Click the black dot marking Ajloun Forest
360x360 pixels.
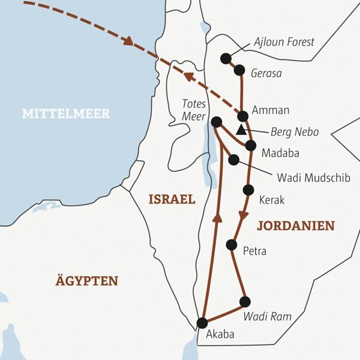point(226,58)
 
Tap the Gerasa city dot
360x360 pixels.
point(239,70)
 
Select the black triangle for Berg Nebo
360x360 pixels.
point(241,130)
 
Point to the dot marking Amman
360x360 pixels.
point(242,116)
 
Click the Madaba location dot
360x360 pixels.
point(250,145)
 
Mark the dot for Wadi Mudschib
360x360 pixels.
point(234,160)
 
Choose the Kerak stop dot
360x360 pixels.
point(248,190)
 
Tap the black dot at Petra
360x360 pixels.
point(232,244)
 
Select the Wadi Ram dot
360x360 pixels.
point(244,301)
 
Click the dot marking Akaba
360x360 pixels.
point(202,323)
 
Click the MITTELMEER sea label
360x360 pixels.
point(66,113)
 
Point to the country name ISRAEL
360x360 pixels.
point(172,200)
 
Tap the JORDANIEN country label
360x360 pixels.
point(295,226)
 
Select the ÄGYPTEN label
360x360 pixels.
point(88,281)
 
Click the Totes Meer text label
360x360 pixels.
point(193,109)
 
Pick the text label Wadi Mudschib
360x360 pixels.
point(308,178)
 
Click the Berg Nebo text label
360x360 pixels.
point(293,132)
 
